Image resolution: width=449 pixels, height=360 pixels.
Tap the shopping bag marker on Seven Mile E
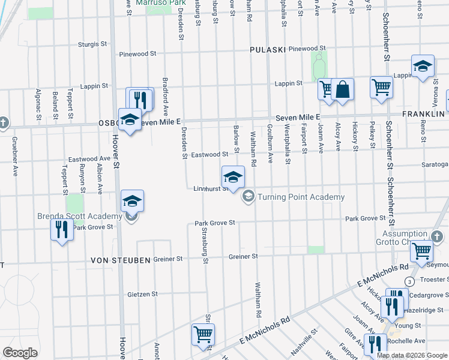tap(342, 91)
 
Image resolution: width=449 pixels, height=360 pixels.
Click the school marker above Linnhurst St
tap(233, 177)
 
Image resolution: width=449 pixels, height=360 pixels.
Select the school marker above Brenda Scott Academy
tap(132, 202)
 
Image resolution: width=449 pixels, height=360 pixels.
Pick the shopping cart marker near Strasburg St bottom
tap(203, 335)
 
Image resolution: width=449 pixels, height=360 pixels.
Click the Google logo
tap(20, 353)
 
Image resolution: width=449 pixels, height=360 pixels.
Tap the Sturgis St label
tap(92, 44)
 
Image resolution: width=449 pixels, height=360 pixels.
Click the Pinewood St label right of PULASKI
tap(307, 48)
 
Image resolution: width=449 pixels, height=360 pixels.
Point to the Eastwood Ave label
tap(89, 159)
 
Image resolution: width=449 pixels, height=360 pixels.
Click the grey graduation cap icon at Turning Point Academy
tap(247, 197)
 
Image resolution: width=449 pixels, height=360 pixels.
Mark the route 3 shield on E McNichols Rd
tap(409, 281)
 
